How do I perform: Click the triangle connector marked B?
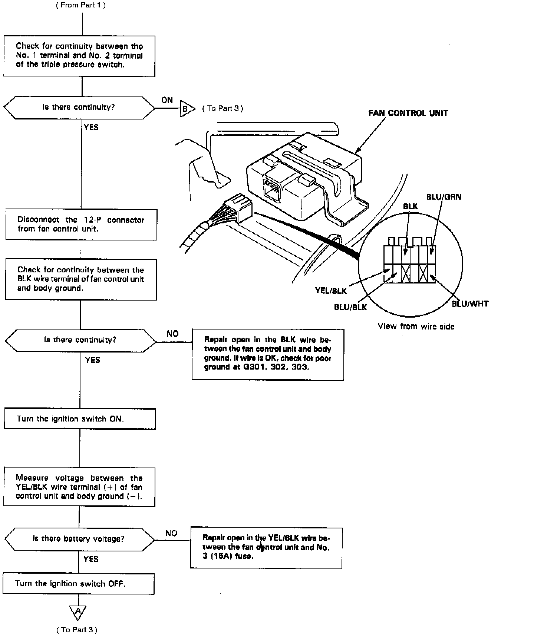coord(187,109)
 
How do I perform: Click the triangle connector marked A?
coord(78,612)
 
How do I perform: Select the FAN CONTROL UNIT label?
coord(408,113)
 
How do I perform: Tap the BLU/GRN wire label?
coord(444,197)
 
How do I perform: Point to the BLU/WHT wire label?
coord(470,304)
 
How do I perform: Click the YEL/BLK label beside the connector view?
coord(331,291)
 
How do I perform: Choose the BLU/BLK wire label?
coord(350,307)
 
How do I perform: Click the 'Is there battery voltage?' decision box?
coord(79,539)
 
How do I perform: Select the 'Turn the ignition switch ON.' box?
coord(80,419)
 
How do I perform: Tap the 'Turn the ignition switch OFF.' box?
coord(78,584)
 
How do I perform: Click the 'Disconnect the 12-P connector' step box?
coord(81,224)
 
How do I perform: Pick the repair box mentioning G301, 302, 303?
coord(267,354)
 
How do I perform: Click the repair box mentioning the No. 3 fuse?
coord(266,548)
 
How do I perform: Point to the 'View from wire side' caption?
coord(416,326)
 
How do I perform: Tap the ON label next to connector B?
coord(167,100)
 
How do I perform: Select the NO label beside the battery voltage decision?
coord(171,533)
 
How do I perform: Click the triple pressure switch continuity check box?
coord(79,56)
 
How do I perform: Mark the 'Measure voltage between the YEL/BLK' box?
coord(79,487)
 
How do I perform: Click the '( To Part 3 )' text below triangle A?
coord(77,630)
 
